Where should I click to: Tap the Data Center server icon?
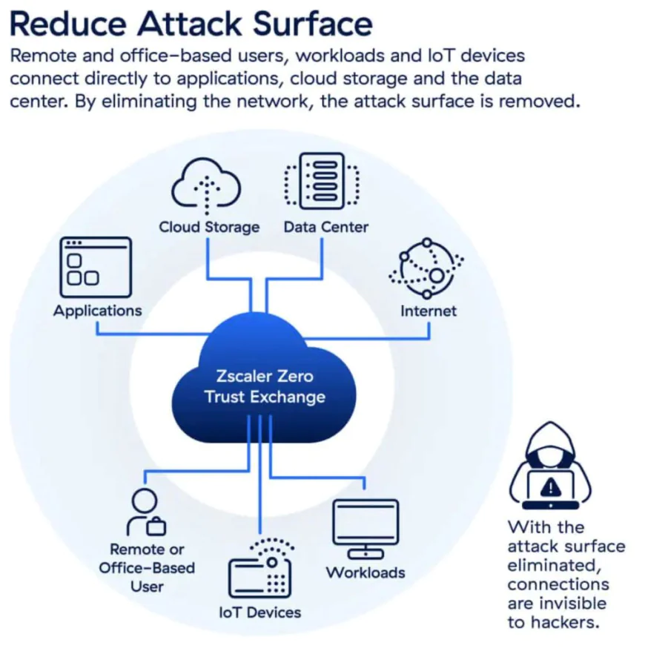[322, 181]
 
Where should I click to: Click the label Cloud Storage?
[209, 227]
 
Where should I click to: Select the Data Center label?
[325, 227]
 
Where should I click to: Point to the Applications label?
[97, 310]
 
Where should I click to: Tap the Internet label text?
[429, 311]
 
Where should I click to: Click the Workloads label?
[365, 572]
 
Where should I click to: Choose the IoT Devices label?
[260, 613]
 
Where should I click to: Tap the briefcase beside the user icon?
[156, 526]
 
